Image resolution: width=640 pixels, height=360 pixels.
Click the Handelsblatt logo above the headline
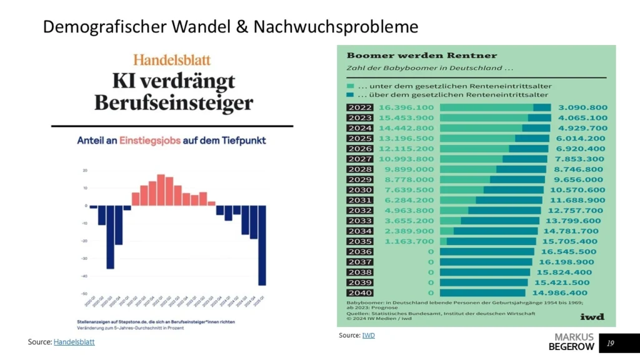[x=172, y=60]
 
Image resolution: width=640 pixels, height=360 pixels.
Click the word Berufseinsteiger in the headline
[x=174, y=102]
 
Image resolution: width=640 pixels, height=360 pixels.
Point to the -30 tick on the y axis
[x=84, y=258]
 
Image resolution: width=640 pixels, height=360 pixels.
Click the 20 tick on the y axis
[x=84, y=170]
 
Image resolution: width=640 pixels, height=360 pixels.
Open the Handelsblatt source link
[x=74, y=342]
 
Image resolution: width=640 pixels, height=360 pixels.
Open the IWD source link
[x=369, y=336]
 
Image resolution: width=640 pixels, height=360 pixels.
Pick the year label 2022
[x=359, y=107]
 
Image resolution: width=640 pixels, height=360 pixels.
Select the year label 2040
[x=359, y=292]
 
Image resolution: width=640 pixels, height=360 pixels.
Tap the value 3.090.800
[x=582, y=107]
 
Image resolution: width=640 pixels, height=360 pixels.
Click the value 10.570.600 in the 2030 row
[x=577, y=190]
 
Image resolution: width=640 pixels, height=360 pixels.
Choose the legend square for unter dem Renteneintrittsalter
[x=351, y=86]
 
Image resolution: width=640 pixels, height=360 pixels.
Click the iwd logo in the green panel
[x=591, y=317]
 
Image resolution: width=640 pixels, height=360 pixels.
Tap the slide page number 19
[x=611, y=342]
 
